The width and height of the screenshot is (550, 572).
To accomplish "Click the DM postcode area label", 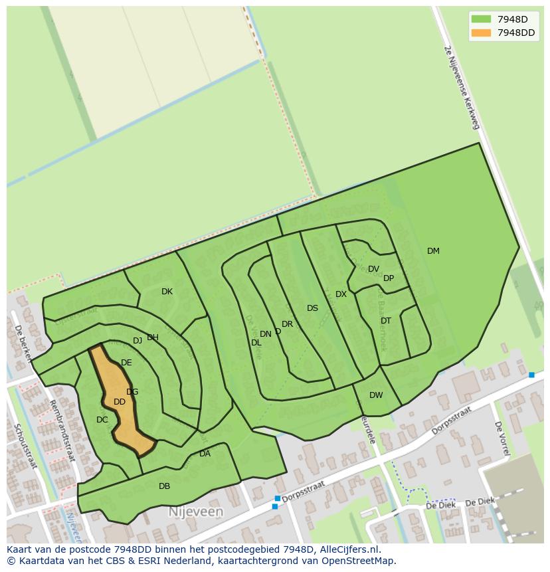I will click(433, 251).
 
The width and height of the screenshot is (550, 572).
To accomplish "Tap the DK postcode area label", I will click(167, 292).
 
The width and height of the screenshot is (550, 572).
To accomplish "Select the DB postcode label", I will click(164, 486).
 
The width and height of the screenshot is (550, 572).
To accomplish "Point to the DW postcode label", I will click(376, 395).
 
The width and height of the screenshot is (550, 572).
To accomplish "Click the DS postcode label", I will click(312, 308).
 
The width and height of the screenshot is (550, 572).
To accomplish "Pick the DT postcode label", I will click(386, 321).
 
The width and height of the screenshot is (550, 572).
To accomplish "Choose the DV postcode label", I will click(373, 269).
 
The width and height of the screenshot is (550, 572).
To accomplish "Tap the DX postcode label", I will click(341, 294).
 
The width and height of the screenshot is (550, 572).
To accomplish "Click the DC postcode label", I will click(102, 420).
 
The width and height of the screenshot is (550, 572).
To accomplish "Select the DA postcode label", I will click(205, 454).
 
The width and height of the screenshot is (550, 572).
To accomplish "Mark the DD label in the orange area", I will click(120, 402).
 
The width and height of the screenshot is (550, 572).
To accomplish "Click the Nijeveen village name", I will click(195, 512).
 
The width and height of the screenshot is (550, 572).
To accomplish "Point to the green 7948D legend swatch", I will click(481, 19).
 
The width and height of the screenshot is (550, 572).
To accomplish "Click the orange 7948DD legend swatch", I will click(481, 33).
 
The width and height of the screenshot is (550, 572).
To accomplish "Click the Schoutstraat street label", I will click(27, 446).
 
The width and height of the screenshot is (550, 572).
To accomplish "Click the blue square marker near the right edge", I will click(531, 375).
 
